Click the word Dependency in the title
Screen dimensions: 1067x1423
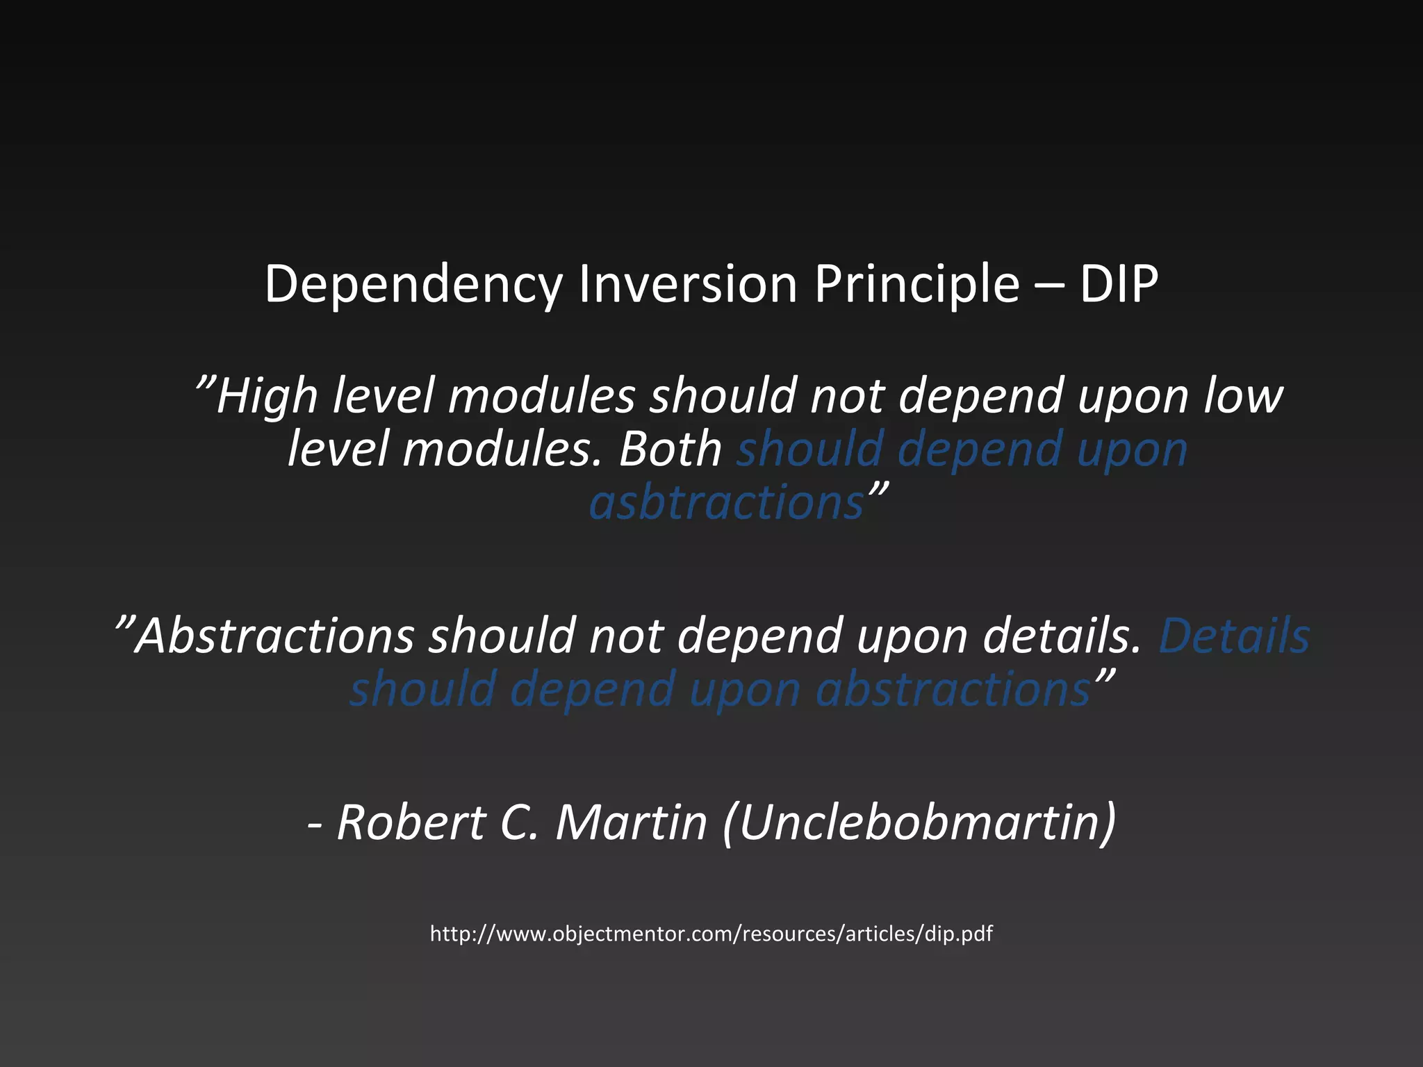tap(413, 285)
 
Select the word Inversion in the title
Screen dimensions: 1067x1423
tap(688, 285)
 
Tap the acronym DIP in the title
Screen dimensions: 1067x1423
tap(1119, 285)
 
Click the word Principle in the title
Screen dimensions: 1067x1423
tap(917, 285)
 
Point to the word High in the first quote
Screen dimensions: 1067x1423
tap(267, 396)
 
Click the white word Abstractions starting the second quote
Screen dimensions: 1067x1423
tap(275, 636)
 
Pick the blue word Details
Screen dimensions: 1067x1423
tap(1234, 636)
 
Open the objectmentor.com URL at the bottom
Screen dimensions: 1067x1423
tap(711, 934)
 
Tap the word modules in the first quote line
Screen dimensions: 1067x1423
tap(542, 396)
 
